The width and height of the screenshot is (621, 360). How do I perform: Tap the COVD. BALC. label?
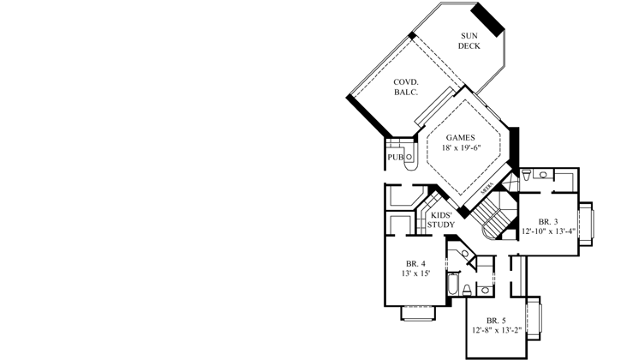pyautogui.click(x=405, y=86)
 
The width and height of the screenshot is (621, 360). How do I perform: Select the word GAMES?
pyautogui.click(x=460, y=137)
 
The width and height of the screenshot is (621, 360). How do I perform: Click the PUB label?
pyautogui.click(x=394, y=158)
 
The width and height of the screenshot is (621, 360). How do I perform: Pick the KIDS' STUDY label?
pyautogui.click(x=441, y=219)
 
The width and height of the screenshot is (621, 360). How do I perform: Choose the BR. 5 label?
pyautogui.click(x=497, y=321)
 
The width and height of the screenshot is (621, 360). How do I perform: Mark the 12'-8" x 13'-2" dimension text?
pyautogui.click(x=497, y=331)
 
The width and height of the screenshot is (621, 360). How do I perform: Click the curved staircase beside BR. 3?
pyautogui.click(x=493, y=218)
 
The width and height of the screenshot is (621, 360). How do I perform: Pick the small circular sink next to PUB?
pyautogui.click(x=409, y=157)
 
